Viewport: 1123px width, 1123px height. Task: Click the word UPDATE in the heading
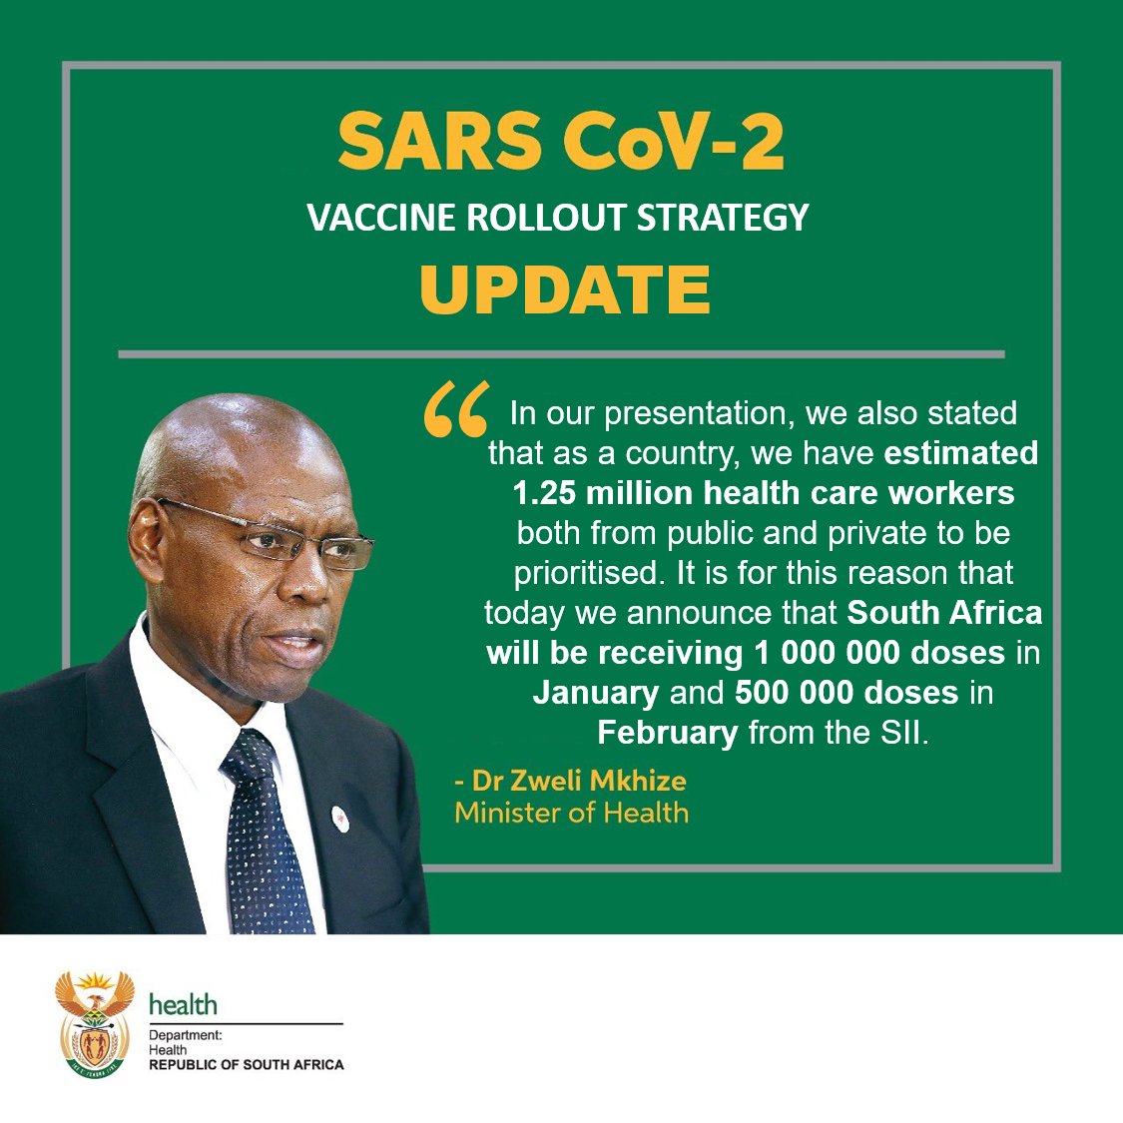pyautogui.click(x=565, y=289)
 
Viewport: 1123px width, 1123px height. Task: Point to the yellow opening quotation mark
pyautogui.click(x=455, y=412)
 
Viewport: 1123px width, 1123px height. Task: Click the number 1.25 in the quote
pyautogui.click(x=545, y=493)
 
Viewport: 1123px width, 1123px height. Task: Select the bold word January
pyautogui.click(x=595, y=692)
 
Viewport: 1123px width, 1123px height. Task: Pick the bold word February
pyautogui.click(x=667, y=732)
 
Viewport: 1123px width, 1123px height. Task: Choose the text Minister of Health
pyautogui.click(x=571, y=812)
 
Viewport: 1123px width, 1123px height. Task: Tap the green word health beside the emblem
pyautogui.click(x=183, y=1004)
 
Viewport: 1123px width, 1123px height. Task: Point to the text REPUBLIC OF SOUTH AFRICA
pyautogui.click(x=247, y=1065)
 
